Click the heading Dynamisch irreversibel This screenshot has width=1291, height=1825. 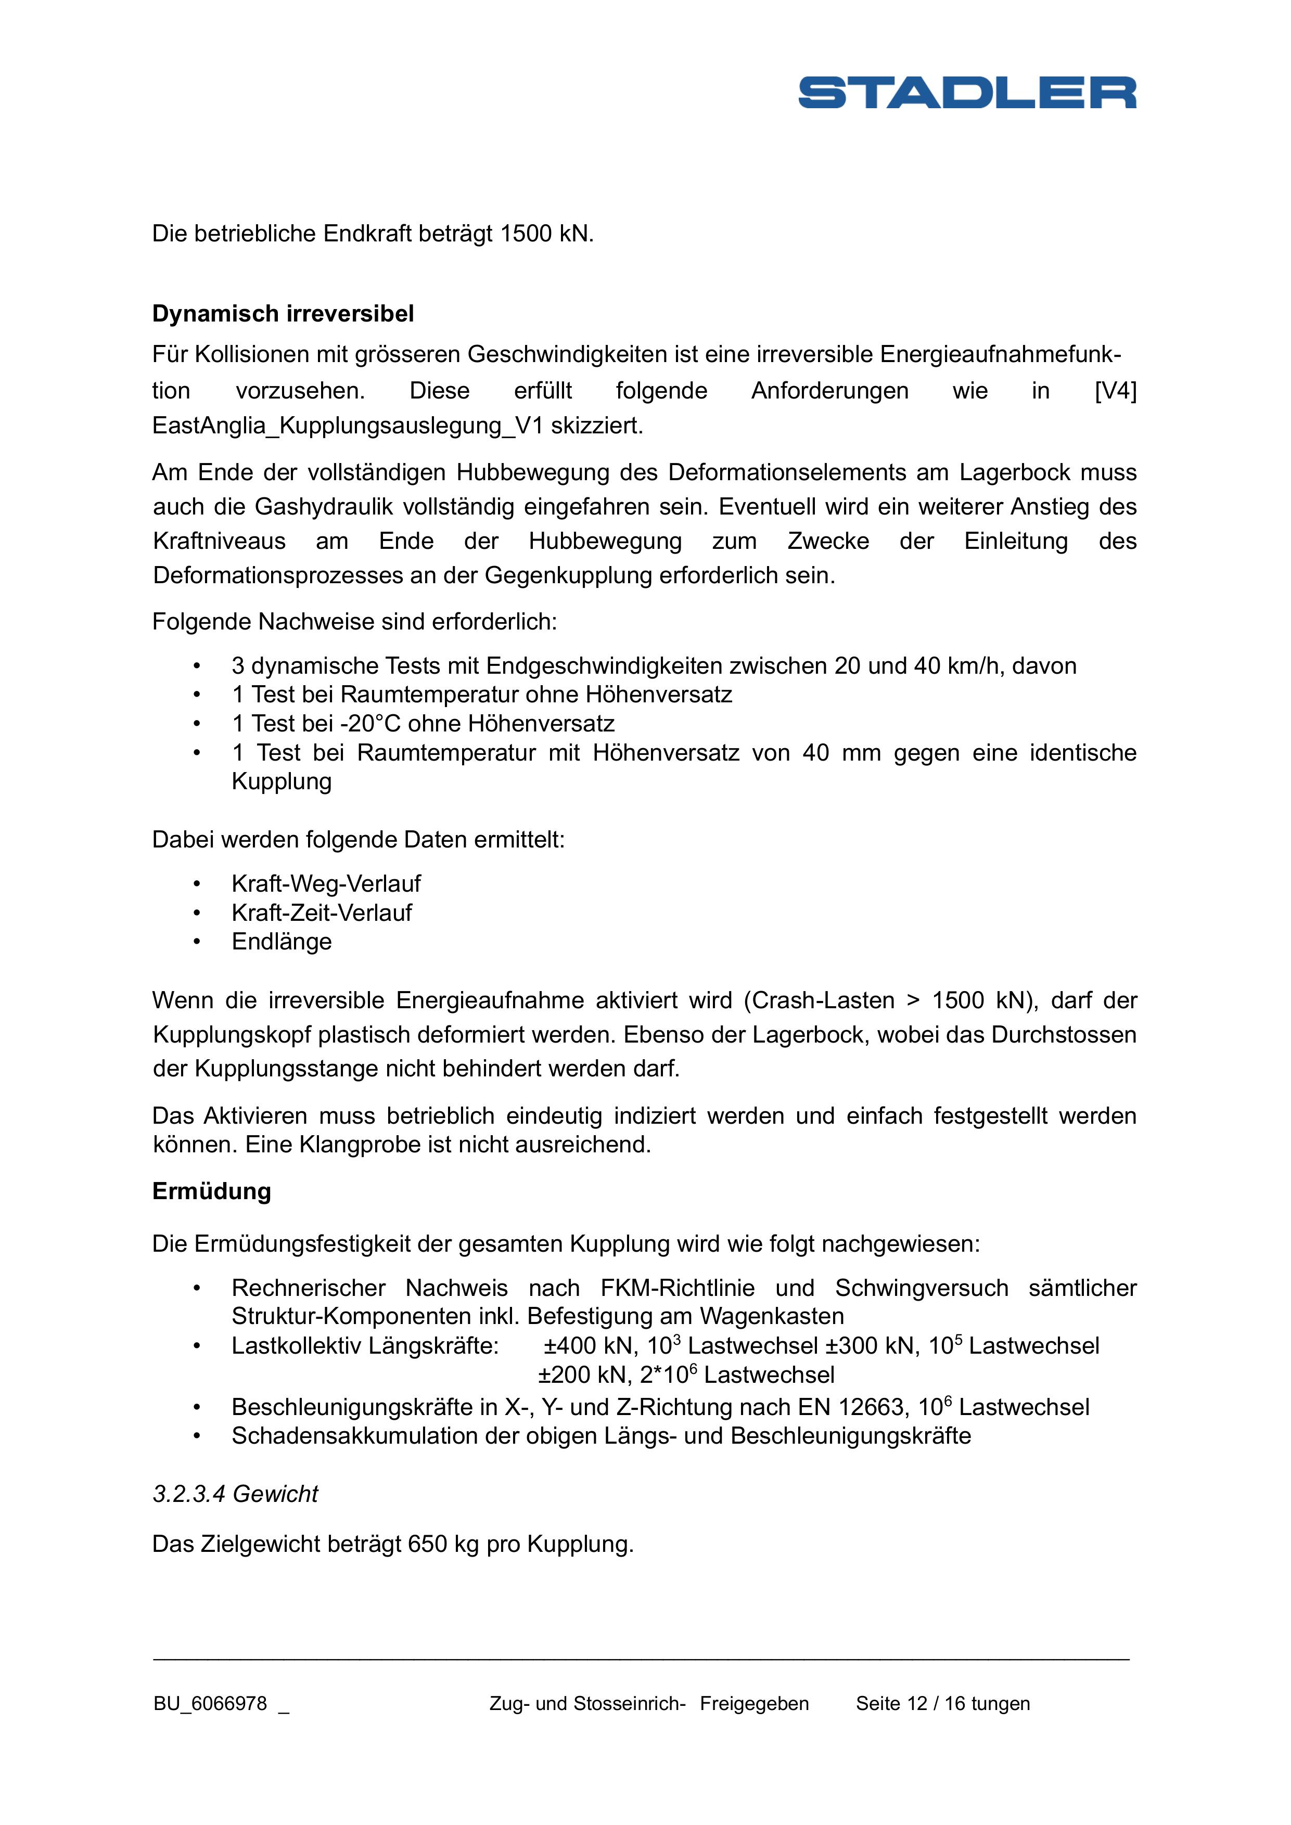(x=283, y=314)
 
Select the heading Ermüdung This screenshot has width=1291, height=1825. (x=211, y=1191)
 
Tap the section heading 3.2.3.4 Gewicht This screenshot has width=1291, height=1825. (x=235, y=1494)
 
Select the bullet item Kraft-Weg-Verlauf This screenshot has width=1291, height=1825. (x=326, y=884)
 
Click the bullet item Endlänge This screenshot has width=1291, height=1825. (x=282, y=942)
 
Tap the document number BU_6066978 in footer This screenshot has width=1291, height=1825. (x=211, y=1704)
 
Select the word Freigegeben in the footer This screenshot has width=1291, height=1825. (x=755, y=1704)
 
